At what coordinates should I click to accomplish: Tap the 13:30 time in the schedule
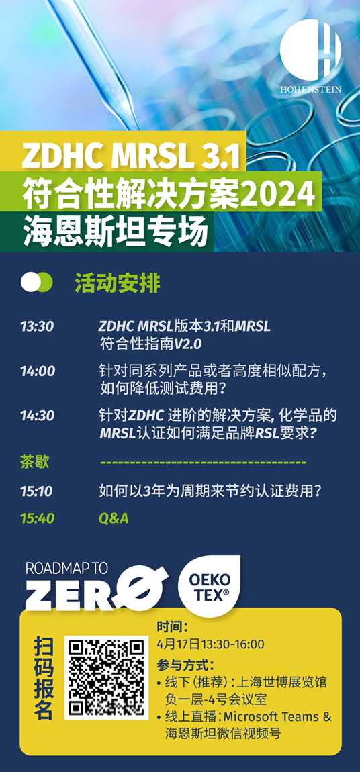[37, 327]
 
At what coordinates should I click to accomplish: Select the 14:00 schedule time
[38, 371]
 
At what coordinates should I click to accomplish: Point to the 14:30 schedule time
[38, 416]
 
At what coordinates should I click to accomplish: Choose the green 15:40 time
[38, 518]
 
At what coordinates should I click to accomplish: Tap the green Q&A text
[114, 518]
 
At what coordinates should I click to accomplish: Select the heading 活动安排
[118, 283]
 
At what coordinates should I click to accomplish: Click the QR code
[106, 678]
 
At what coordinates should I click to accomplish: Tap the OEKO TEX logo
[210, 587]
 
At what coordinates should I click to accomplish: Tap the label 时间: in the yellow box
[173, 628]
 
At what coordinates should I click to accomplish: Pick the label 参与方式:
[185, 665]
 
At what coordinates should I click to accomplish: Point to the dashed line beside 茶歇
[203, 463]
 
